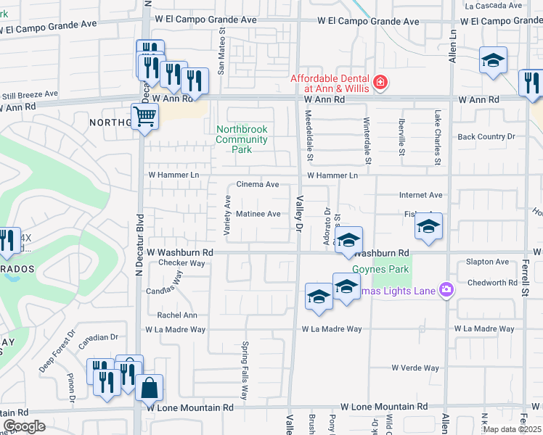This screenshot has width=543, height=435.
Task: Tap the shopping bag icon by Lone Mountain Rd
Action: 149,388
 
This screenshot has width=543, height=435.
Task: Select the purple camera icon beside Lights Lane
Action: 446,290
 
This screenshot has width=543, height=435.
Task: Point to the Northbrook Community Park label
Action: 242,139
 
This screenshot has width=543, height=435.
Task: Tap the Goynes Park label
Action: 380,270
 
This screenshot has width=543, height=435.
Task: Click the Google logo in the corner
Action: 24,426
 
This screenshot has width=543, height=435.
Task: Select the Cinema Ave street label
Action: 258,185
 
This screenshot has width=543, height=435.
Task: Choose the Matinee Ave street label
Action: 258,214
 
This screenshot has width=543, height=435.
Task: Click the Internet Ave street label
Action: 421,195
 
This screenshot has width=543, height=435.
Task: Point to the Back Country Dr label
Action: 486,136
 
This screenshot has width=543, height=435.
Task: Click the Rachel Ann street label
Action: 177,315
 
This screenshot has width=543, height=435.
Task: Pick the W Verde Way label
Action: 415,368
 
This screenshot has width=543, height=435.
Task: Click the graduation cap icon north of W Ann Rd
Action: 493,61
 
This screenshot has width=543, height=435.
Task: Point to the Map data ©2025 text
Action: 512,429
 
